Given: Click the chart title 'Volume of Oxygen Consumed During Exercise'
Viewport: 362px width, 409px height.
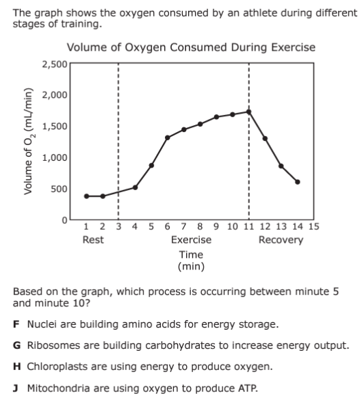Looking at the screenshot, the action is [191, 47].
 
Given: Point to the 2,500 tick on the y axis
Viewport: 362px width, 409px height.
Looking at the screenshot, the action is [55, 64].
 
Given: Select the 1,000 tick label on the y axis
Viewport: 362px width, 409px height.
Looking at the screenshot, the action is [55, 157].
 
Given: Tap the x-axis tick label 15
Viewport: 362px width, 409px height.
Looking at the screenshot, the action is [313, 226].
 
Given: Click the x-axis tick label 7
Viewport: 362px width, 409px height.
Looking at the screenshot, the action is [184, 226].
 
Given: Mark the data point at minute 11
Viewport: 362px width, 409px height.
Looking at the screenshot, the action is [248, 112].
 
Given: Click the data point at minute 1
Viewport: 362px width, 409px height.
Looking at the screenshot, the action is [87, 196].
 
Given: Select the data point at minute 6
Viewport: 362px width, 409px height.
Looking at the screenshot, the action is [168, 137].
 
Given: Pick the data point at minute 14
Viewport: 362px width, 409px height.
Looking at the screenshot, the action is [298, 182].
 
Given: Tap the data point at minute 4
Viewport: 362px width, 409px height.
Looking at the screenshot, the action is [135, 187].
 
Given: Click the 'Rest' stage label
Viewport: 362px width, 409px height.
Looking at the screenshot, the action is [93, 239].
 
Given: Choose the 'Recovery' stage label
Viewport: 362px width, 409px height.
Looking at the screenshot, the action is [281, 240].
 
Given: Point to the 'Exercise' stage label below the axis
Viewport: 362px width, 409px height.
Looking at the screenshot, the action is [191, 239].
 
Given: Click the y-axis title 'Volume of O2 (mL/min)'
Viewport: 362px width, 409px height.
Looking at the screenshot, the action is [29, 142].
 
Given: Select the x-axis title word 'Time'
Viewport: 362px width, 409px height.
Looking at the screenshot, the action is [191, 254].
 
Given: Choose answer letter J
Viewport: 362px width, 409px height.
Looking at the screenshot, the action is [16, 388].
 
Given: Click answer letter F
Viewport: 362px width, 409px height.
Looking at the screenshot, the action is [16, 324].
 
